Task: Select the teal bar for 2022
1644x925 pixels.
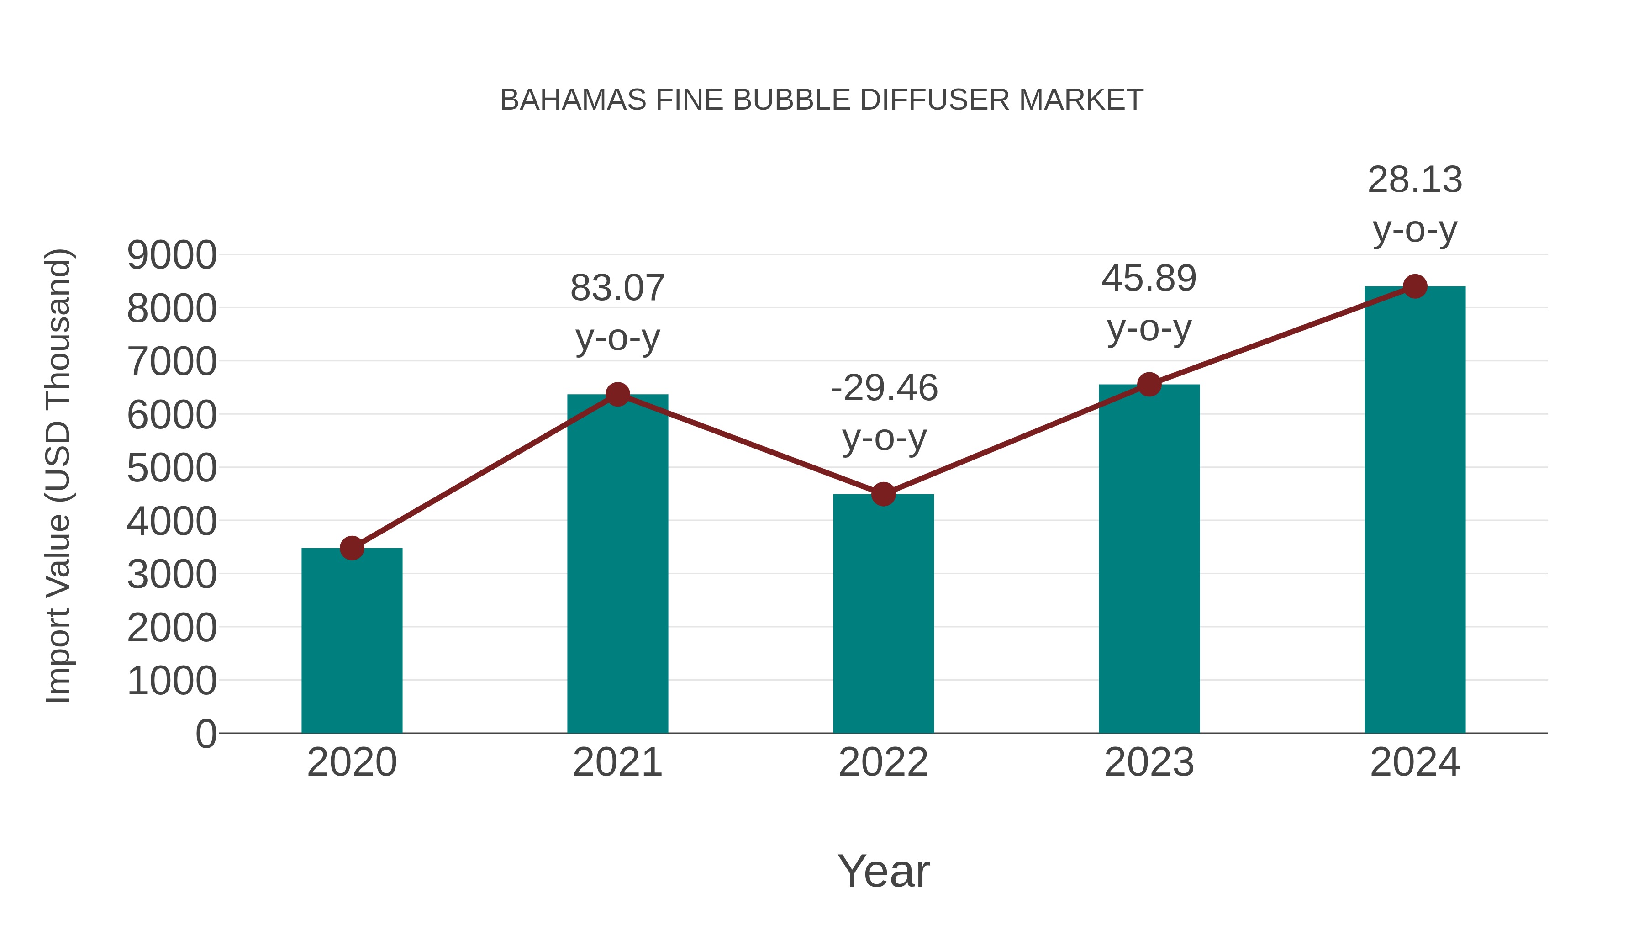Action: tap(883, 613)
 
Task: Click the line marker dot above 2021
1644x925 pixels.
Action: tap(617, 395)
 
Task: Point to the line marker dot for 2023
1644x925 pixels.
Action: tap(1149, 384)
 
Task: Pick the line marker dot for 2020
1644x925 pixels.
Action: tap(352, 548)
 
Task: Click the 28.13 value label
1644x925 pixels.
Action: tap(1415, 180)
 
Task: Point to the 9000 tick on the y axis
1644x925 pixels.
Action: tap(172, 255)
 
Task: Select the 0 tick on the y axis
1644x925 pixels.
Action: tap(205, 734)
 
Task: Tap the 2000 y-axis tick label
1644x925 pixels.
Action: tap(172, 628)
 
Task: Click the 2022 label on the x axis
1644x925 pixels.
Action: tap(883, 762)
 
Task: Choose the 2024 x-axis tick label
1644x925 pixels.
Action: tap(1415, 762)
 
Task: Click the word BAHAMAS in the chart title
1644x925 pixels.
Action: tap(573, 100)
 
